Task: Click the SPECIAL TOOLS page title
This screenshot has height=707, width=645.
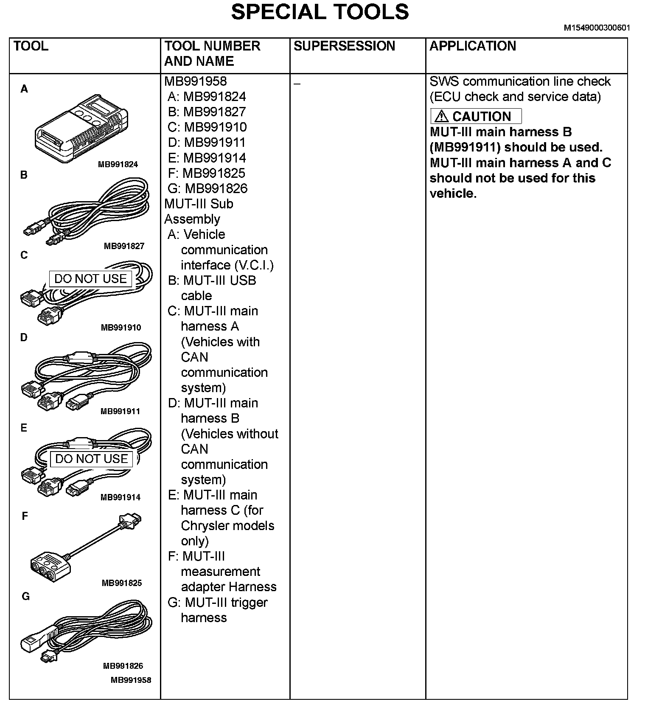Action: coord(320,12)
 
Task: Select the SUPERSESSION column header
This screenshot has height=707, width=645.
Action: coord(344,46)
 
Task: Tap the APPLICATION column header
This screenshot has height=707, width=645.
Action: coord(473,46)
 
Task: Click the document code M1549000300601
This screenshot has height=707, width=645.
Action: coord(597,28)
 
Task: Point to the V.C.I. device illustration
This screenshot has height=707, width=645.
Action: coord(81,128)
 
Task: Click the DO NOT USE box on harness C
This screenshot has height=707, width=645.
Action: coord(90,279)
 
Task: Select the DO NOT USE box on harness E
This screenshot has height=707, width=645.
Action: coord(91,459)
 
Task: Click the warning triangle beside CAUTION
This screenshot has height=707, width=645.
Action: coord(442,116)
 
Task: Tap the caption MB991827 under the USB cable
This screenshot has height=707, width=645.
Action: coord(124,246)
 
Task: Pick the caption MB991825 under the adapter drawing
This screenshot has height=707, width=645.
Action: coord(122,583)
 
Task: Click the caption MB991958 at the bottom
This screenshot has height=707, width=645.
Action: coord(131,680)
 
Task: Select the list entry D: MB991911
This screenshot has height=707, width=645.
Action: coord(207,143)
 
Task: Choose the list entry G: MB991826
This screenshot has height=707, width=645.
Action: coord(208,188)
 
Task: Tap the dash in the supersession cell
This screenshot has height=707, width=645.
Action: coord(297,84)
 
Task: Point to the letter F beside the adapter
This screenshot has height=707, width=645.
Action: coord(25,516)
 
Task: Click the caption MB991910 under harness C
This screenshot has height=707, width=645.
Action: coord(121,328)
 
